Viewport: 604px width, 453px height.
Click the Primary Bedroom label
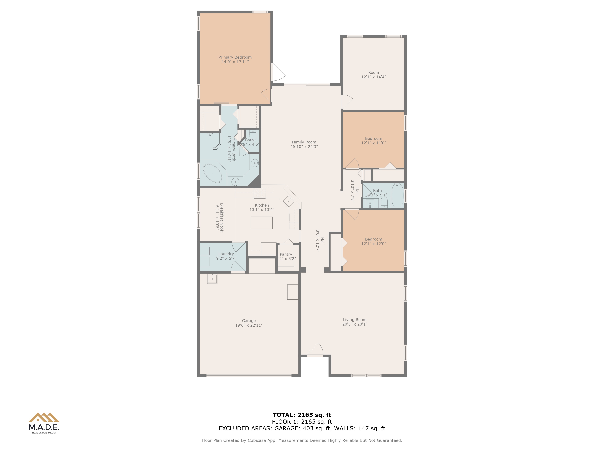tap(235, 57)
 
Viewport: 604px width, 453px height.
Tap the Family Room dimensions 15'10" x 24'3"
tap(304, 147)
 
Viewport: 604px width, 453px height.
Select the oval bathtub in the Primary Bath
tap(213, 173)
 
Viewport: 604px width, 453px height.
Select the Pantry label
tap(286, 254)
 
